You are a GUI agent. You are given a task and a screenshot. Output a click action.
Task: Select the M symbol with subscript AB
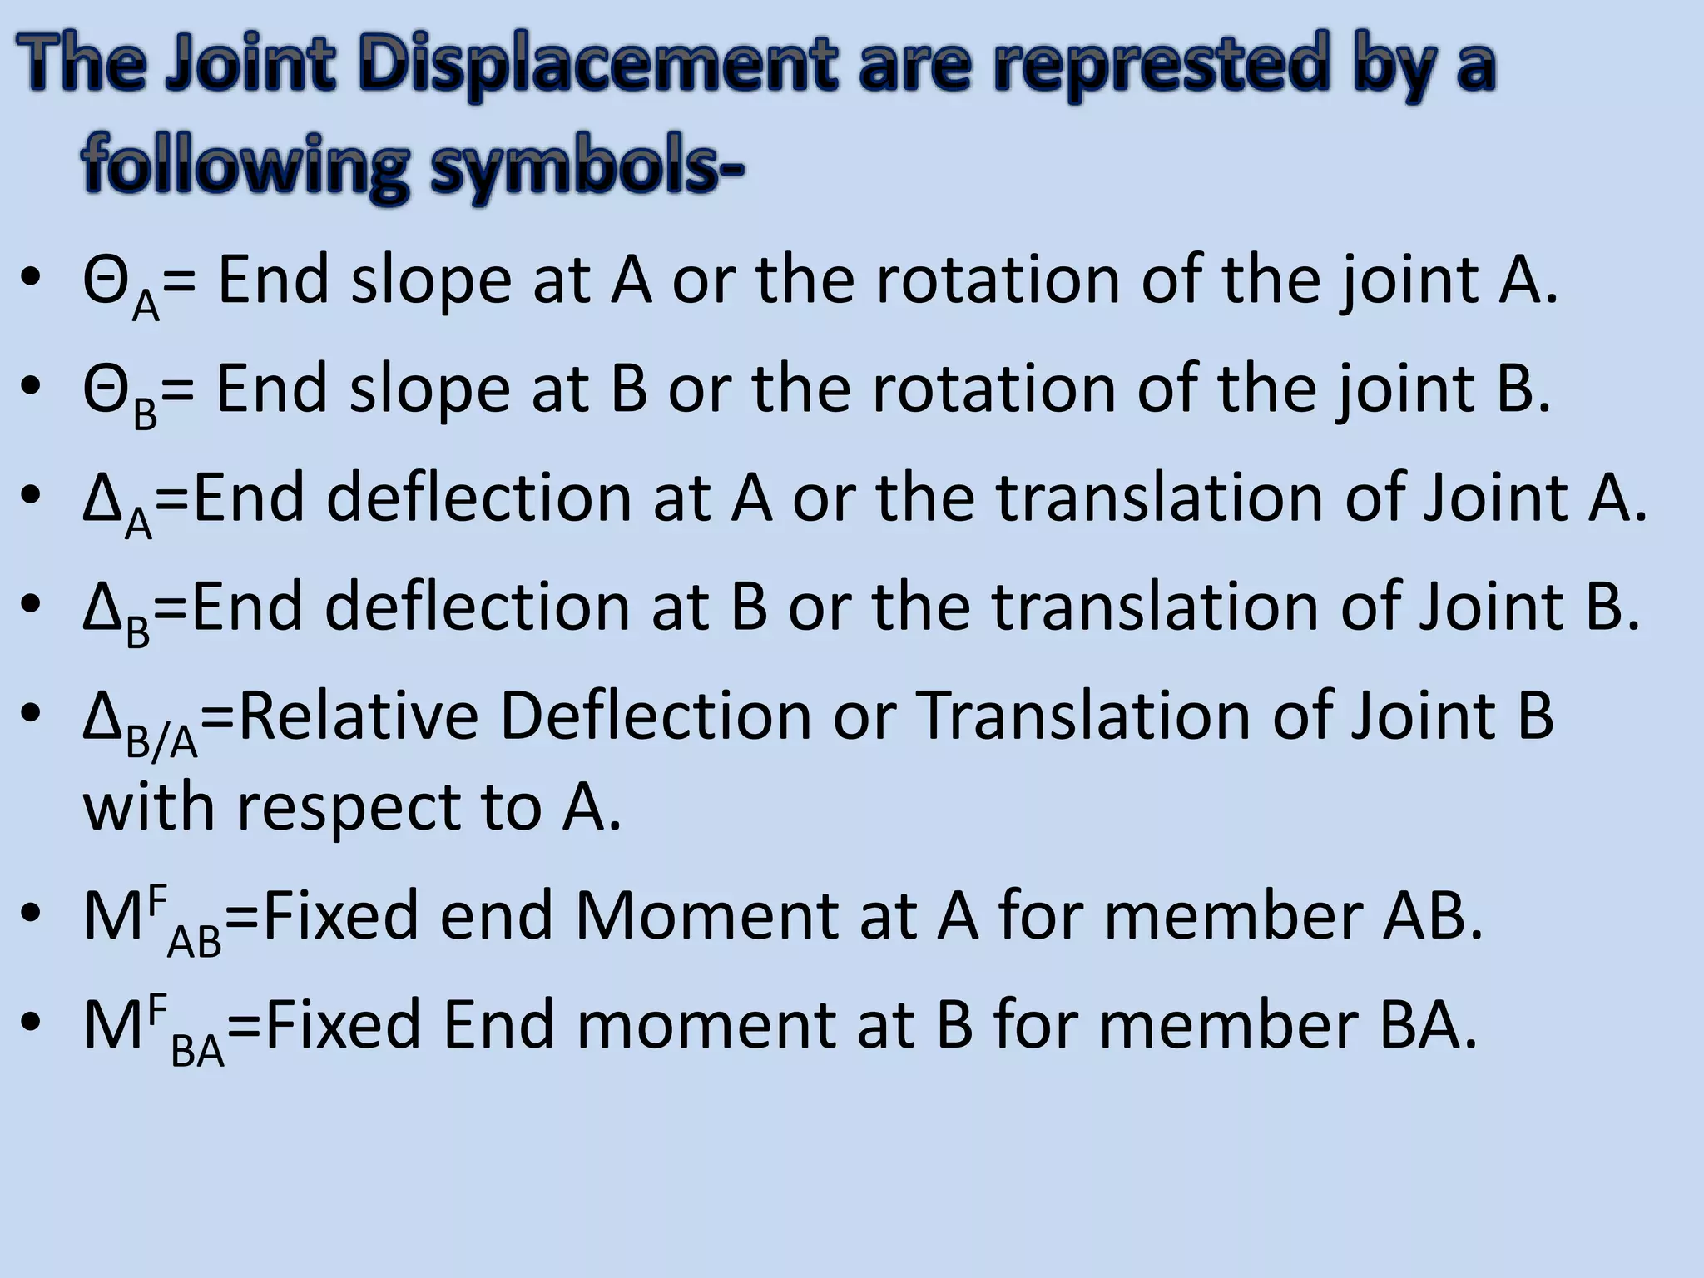tap(150, 920)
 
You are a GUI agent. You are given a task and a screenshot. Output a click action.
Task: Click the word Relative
tap(359, 716)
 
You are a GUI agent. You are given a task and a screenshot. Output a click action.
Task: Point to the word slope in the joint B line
tap(429, 389)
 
